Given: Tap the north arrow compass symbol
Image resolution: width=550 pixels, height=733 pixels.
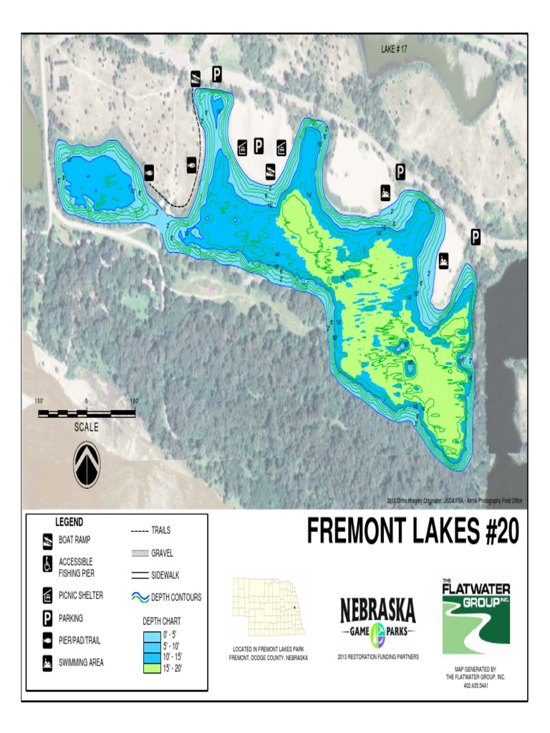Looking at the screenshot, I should [x=87, y=464].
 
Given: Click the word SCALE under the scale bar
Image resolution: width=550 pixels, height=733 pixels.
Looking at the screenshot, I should [x=87, y=427].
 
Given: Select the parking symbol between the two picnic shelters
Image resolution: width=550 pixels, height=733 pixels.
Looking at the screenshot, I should [x=259, y=146].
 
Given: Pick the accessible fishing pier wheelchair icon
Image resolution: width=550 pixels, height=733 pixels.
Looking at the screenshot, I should [x=48, y=565].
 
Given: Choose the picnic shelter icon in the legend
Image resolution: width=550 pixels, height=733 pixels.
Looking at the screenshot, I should [x=48, y=595].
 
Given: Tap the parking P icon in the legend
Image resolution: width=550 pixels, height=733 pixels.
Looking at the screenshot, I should [x=48, y=617].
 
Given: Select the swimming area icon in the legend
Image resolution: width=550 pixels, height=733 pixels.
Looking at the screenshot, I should [x=48, y=662].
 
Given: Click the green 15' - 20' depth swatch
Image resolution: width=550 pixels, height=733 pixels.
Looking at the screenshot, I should [x=151, y=669].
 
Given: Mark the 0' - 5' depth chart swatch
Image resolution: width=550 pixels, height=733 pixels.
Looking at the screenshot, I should [x=151, y=635].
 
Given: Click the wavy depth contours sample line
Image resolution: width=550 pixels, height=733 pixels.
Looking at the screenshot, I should [x=140, y=596].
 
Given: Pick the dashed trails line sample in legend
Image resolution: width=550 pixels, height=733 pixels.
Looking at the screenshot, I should [x=140, y=531].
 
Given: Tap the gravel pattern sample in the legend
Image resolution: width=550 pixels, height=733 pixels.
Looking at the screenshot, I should [x=140, y=553].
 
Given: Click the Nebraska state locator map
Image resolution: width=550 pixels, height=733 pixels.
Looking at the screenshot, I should [x=269, y=607].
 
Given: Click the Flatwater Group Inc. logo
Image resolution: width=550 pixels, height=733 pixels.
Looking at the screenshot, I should [x=475, y=617].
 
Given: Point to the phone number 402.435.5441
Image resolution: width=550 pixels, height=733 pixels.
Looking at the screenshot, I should [x=476, y=685].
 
